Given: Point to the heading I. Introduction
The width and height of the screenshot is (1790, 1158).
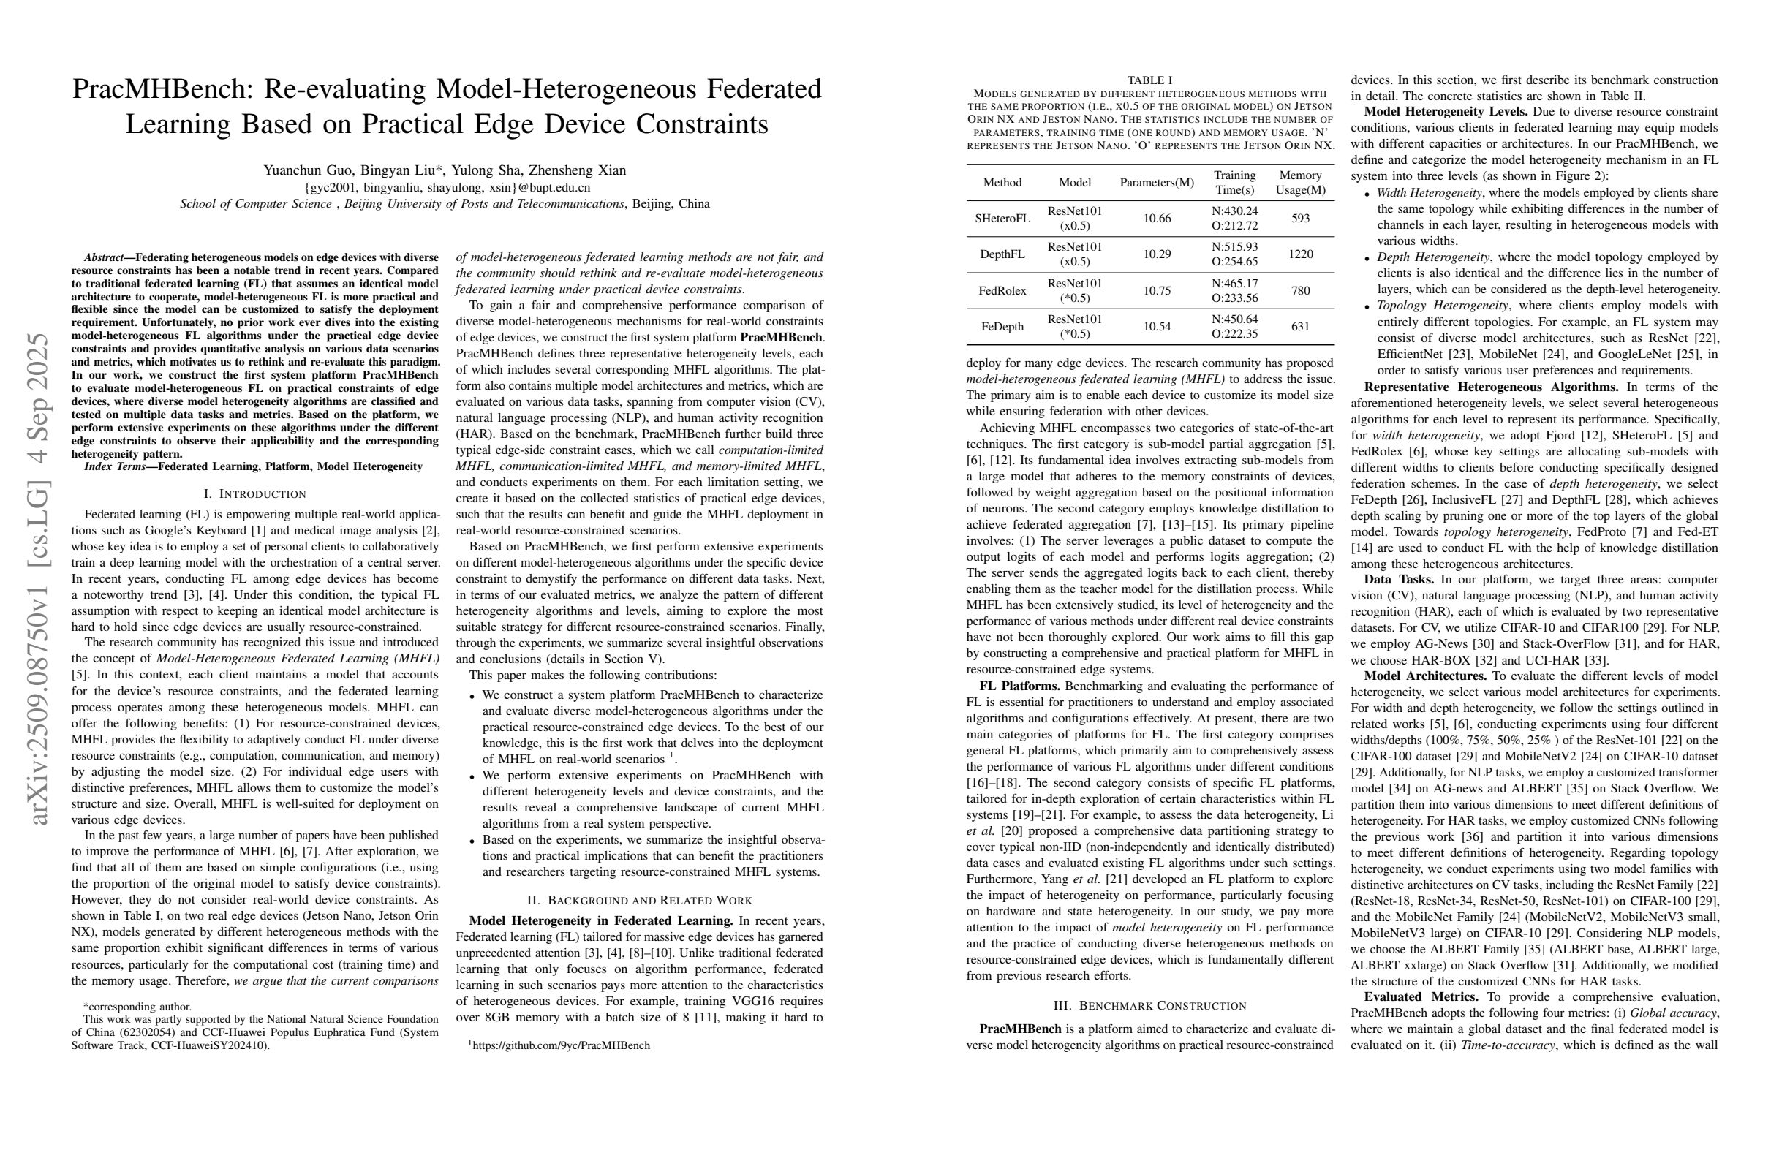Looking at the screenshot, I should (255, 494).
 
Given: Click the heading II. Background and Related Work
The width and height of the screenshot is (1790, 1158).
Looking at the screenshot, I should (639, 900).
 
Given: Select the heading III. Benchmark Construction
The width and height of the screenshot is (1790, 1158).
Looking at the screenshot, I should (1150, 1005).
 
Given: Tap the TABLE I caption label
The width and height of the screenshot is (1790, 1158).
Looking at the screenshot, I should (1150, 80).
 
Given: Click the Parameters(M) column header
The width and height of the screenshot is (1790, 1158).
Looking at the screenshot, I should (1157, 183).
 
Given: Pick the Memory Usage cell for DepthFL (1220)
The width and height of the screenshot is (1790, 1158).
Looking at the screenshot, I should (1300, 254).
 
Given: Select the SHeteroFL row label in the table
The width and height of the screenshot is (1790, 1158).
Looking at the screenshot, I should (1002, 218).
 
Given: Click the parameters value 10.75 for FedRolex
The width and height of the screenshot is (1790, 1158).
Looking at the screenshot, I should (1157, 290).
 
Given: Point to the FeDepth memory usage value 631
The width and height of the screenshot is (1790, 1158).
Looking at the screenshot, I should (1300, 326).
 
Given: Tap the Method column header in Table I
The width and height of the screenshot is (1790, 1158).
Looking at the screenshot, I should (1002, 183).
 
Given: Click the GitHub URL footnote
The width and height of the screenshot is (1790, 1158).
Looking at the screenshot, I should (560, 1045).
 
